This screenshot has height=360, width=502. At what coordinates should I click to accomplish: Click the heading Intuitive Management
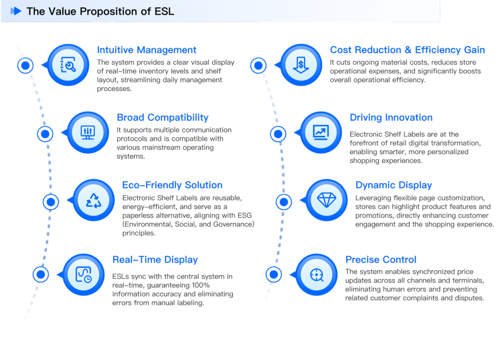click(147, 50)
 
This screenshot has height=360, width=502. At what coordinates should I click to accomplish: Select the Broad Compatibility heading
click(162, 118)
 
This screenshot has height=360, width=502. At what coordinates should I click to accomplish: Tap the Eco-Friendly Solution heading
click(172, 185)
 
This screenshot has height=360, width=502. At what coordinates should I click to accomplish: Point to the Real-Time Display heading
click(155, 260)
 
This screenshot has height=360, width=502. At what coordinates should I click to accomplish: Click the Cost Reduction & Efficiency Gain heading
click(407, 50)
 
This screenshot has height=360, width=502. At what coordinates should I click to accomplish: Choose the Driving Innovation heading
click(391, 118)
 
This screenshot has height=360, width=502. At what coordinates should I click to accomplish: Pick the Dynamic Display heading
click(393, 185)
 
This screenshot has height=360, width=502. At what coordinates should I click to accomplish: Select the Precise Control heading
click(380, 260)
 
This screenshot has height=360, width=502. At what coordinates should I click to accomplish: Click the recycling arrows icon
click(93, 201)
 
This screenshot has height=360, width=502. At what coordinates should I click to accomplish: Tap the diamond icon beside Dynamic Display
click(326, 200)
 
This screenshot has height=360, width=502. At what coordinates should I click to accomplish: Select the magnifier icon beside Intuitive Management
click(68, 65)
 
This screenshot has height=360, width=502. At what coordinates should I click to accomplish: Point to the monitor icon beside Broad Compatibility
click(88, 133)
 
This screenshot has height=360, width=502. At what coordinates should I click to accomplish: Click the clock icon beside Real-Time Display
click(83, 276)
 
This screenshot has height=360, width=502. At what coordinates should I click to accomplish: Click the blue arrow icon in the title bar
click(16, 11)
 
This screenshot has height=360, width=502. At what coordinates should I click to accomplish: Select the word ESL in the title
click(164, 11)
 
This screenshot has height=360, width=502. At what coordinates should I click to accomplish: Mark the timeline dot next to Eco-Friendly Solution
click(51, 202)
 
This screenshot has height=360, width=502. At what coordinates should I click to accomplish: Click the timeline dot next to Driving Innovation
click(278, 133)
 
